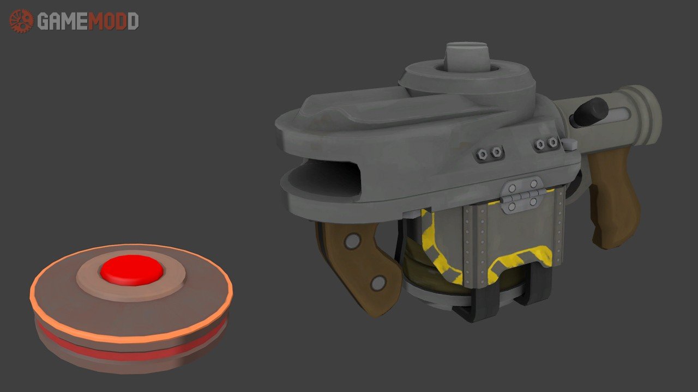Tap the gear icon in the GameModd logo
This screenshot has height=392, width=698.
click(21, 21)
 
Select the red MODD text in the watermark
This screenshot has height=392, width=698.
click(113, 21)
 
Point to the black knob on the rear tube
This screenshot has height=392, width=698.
click(590, 112)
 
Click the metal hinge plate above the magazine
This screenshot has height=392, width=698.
click(523, 195)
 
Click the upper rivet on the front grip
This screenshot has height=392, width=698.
click(352, 241)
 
